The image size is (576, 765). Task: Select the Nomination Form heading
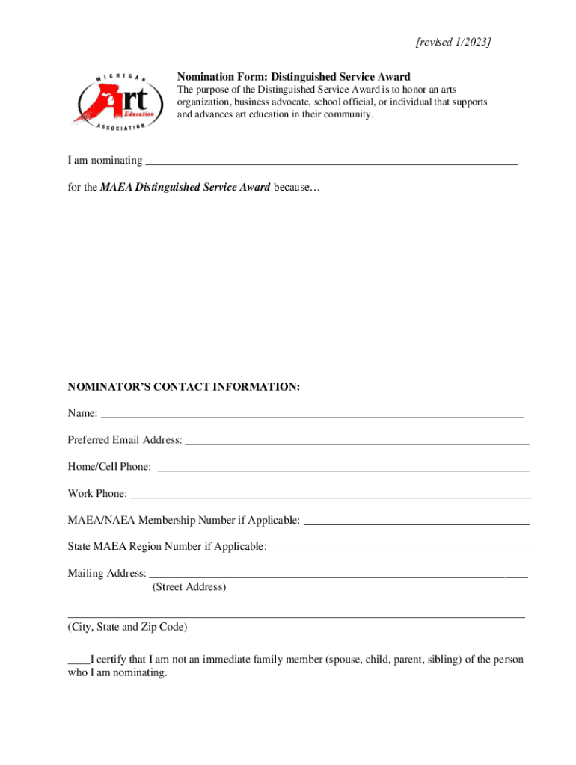293,77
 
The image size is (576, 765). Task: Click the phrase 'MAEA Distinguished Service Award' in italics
185,188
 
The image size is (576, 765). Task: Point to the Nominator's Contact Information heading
184,387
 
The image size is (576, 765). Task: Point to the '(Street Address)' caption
189,587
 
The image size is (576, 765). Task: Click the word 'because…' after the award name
296,188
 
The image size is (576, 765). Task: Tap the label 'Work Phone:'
97,494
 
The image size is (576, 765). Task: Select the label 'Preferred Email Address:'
125,440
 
